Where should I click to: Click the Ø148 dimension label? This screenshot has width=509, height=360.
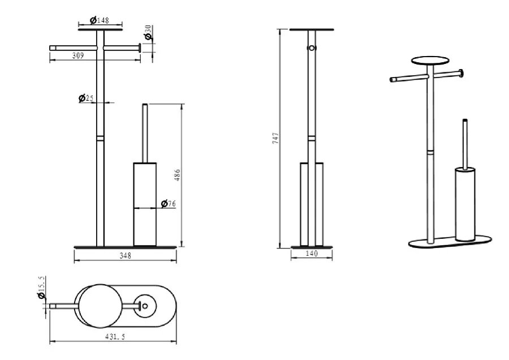pyautogui.click(x=100, y=20)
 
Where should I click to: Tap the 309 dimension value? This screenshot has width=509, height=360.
pyautogui.click(x=78, y=55)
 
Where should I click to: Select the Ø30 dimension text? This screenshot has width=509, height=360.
pyautogui.click(x=148, y=32)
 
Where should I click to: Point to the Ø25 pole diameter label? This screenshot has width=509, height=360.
pyautogui.click(x=86, y=98)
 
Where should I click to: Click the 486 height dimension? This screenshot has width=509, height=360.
pyautogui.click(x=177, y=175)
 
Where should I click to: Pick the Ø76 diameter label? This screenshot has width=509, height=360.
pyautogui.click(x=168, y=204)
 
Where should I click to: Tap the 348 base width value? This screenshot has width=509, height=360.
pyautogui.click(x=125, y=256)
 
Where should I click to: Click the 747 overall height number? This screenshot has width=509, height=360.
pyautogui.click(x=275, y=138)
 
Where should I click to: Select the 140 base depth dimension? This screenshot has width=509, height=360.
pyautogui.click(x=312, y=254)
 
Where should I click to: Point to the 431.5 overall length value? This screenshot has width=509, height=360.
pyautogui.click(x=115, y=337)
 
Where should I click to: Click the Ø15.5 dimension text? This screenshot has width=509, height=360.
pyautogui.click(x=41, y=288)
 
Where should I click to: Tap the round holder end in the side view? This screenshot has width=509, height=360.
pyautogui.click(x=312, y=48)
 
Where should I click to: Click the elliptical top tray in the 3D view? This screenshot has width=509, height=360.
pyautogui.click(x=430, y=61)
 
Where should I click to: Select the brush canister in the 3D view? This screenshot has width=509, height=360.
pyautogui.click(x=465, y=204)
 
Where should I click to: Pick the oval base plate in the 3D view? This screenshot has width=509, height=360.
pyautogui.click(x=450, y=242)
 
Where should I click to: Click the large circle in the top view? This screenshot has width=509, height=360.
pyautogui.click(x=101, y=306)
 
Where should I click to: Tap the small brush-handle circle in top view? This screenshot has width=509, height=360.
pyautogui.click(x=145, y=306)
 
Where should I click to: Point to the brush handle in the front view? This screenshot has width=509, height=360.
pyautogui.click(x=145, y=133)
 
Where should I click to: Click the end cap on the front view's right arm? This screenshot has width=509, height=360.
pyautogui.click(x=140, y=48)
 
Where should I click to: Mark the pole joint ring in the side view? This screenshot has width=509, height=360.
pyautogui.click(x=312, y=139)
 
